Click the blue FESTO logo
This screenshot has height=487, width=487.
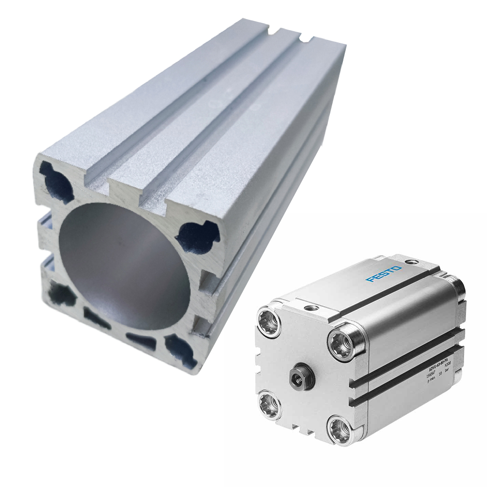pyautogui.click(x=384, y=273)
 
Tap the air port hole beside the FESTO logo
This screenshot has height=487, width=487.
pyautogui.click(x=412, y=262)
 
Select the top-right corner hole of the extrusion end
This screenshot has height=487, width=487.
pyautogui.click(x=197, y=236)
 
